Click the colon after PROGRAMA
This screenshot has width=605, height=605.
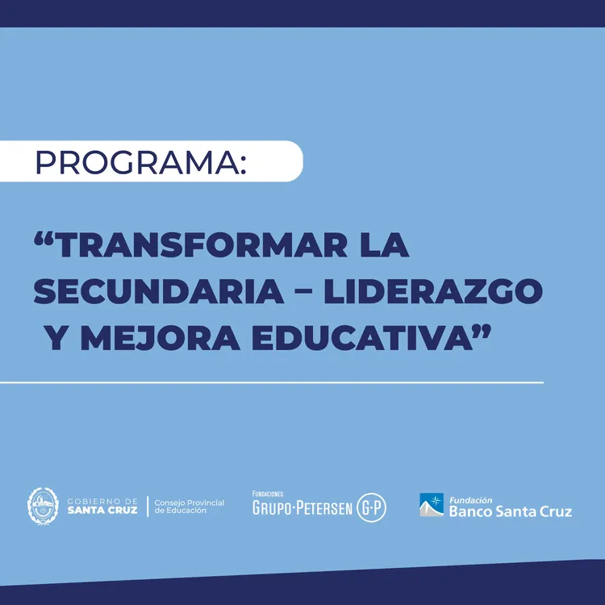(x=244, y=165)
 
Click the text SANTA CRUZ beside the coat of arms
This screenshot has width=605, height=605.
(x=102, y=510)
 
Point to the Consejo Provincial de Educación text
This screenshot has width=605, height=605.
(x=190, y=506)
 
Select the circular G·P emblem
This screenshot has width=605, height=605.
(x=372, y=507)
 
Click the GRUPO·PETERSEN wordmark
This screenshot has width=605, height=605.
(x=302, y=508)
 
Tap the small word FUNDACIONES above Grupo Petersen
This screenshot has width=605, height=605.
(x=268, y=494)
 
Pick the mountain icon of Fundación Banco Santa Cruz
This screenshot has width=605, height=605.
(x=432, y=505)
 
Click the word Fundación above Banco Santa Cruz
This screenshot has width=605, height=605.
(x=470, y=499)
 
